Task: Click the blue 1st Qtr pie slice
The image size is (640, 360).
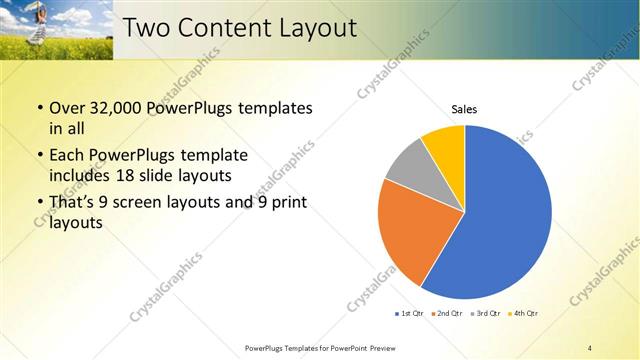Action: point(505,220)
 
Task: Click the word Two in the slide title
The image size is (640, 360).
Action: point(151,28)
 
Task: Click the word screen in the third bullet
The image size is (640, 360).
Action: point(136,203)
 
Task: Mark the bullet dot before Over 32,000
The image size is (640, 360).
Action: point(39,108)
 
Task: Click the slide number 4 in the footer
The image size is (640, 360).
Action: point(590,347)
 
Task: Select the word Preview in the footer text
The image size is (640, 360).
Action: point(381,347)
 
